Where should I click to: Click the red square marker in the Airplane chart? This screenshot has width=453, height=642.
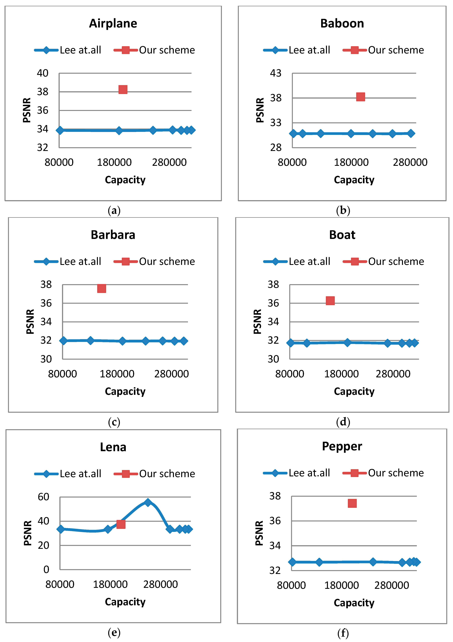tap(123, 89)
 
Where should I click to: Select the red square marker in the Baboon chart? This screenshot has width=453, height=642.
tap(360, 97)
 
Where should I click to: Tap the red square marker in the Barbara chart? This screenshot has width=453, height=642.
tap(101, 288)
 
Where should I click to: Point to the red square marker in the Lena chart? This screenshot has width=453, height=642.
tap(121, 524)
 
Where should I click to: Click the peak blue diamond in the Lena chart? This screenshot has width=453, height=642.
tap(148, 502)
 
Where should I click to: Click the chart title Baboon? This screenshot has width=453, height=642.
tap(342, 23)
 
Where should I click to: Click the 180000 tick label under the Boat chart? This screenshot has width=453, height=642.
tap(341, 374)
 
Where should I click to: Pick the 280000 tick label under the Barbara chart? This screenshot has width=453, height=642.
tap(171, 374)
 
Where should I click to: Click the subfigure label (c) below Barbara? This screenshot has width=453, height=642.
tap(114, 422)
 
